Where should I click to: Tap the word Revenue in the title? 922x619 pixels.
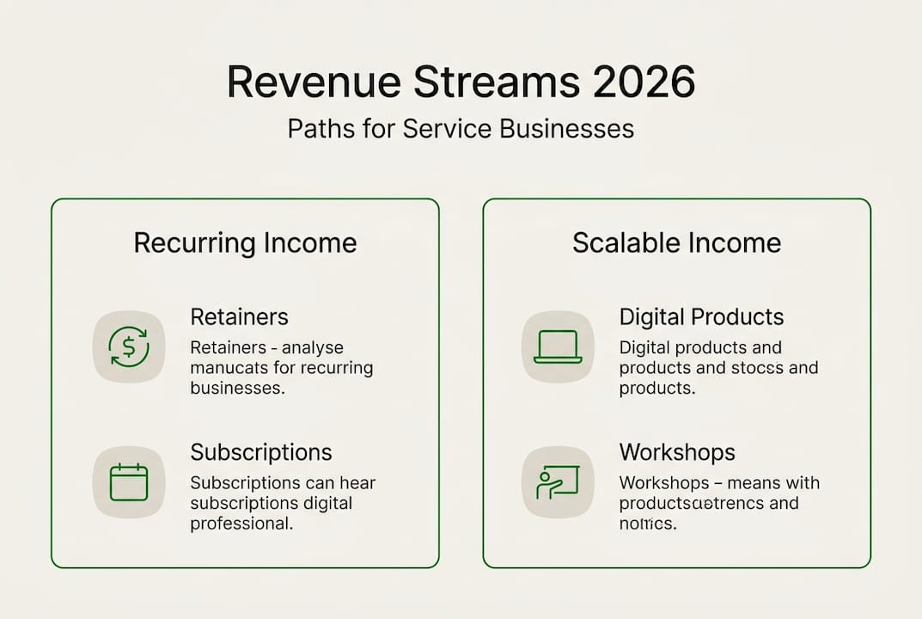[x=313, y=83]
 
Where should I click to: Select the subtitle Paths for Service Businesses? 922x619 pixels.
[x=461, y=129]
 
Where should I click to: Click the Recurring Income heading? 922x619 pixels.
[x=245, y=242]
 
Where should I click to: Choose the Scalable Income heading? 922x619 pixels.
[x=676, y=242]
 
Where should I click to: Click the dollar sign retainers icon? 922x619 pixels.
[x=129, y=346]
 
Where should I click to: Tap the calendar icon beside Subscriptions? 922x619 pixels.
[x=129, y=482]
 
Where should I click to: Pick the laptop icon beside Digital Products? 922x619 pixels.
[x=558, y=346]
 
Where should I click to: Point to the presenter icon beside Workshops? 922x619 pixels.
[x=558, y=482]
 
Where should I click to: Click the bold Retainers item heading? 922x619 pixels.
[x=239, y=316]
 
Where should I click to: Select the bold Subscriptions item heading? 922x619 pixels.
[x=260, y=452]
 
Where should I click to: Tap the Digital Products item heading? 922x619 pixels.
[x=701, y=316]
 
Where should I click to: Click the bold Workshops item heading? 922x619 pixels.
[x=677, y=452]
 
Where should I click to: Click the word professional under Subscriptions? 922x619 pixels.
[x=241, y=523]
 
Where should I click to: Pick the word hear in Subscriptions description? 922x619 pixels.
[x=357, y=483]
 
